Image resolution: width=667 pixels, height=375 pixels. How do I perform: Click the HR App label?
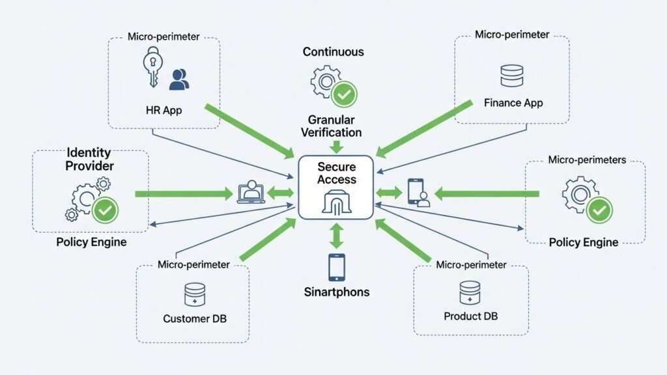163,110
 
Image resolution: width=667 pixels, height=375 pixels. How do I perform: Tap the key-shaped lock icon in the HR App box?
151,69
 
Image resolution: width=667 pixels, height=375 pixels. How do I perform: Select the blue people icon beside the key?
178,80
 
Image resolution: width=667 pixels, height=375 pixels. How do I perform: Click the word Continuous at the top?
333,51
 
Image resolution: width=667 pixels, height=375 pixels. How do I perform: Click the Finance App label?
513,103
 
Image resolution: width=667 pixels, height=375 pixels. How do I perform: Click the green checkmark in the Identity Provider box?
105,210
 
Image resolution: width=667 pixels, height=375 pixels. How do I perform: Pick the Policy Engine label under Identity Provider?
91,242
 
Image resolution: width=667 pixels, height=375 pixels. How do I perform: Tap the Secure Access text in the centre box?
337,173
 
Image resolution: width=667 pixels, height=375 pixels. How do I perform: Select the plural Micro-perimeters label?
588,160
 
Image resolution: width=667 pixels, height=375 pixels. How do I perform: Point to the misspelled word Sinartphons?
337,292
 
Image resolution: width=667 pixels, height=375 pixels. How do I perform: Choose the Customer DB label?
195,319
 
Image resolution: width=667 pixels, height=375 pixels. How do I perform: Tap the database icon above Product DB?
470,292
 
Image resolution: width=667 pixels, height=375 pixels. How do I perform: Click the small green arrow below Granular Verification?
336,146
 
